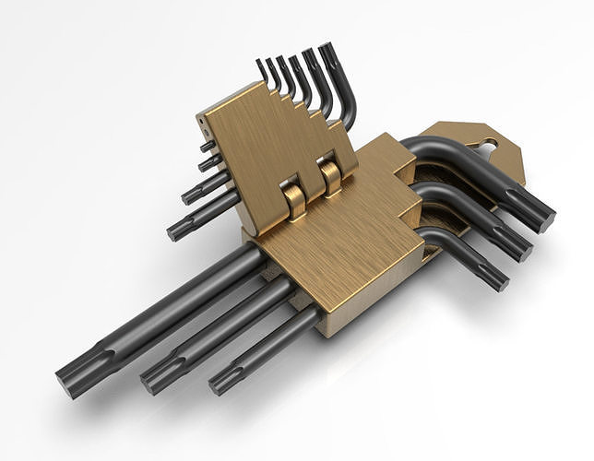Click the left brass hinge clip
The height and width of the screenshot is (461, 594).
pos(293,198)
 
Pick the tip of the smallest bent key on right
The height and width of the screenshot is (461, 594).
pos(494,278)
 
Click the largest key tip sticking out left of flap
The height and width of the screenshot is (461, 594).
pos(177,229)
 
